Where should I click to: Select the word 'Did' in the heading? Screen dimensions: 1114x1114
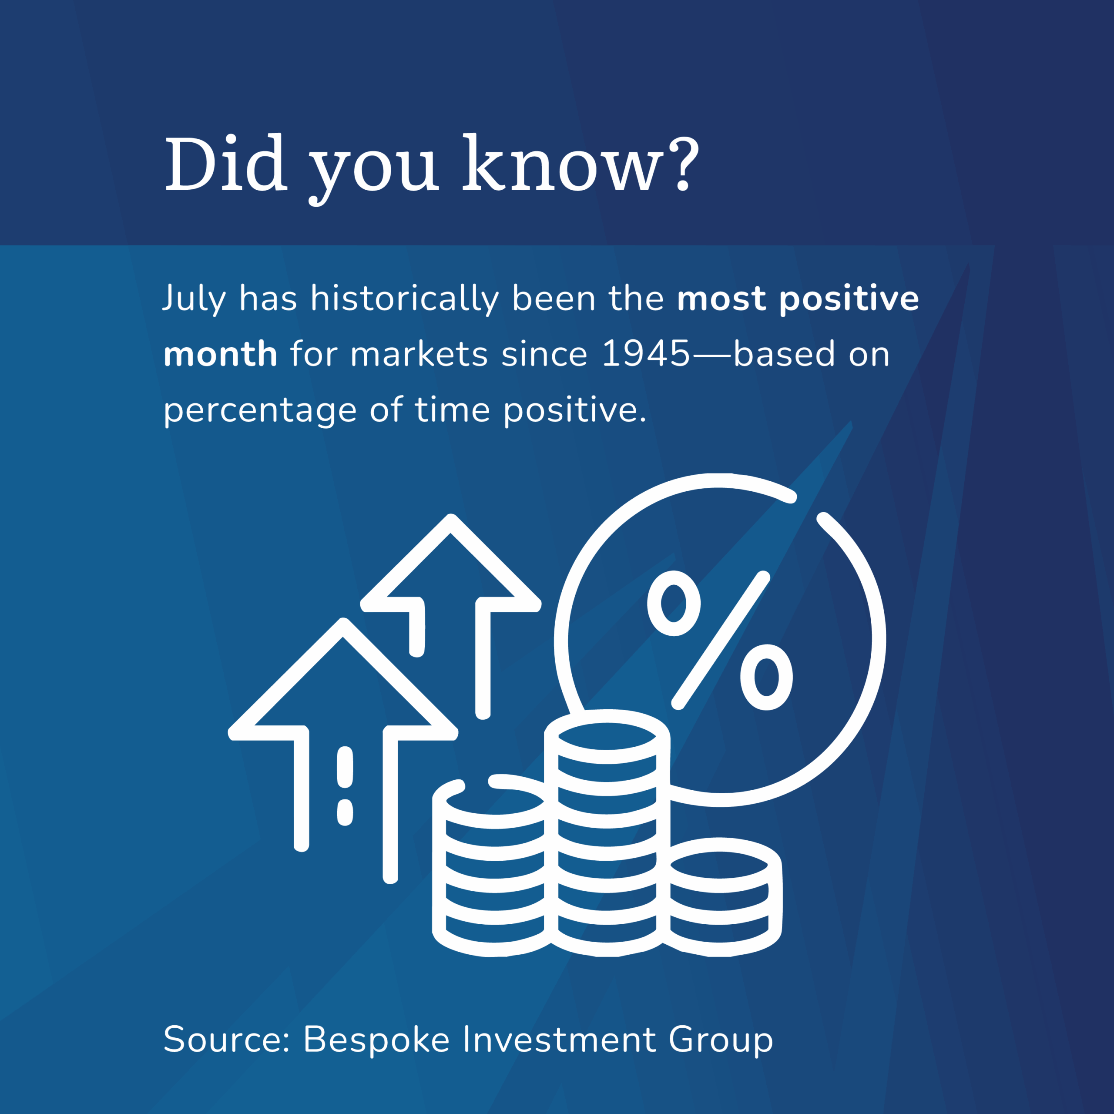tap(225, 163)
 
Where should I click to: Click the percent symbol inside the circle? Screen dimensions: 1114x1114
tap(720, 641)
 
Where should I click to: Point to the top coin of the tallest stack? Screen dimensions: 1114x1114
tap(607, 736)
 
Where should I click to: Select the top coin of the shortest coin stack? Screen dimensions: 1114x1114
tap(718, 866)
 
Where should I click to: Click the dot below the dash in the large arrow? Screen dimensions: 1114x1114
tap(345, 812)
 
